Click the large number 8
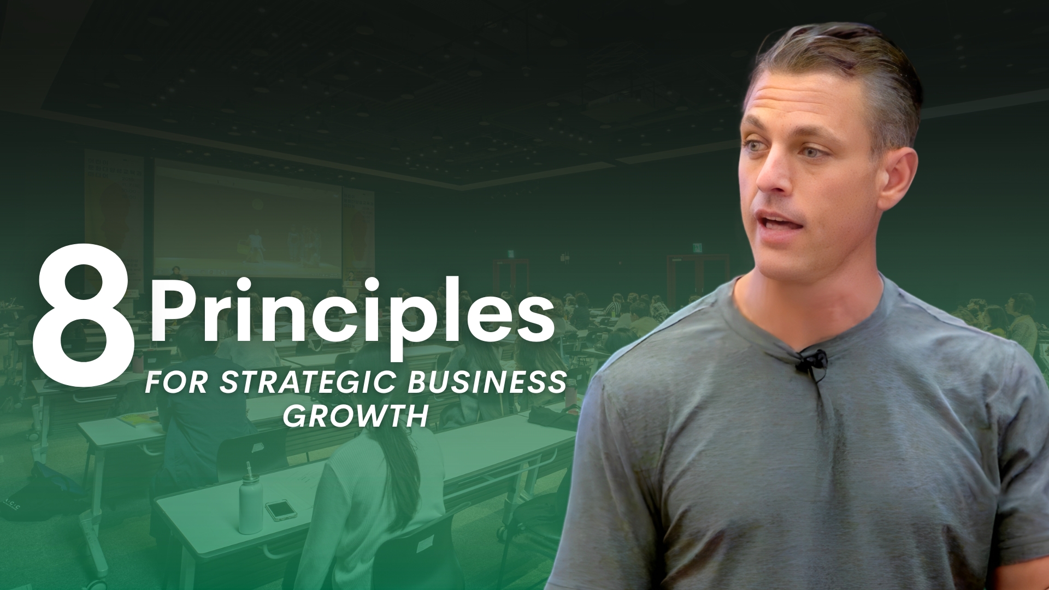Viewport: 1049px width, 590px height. coord(82,308)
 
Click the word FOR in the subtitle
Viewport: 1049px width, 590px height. coord(176,383)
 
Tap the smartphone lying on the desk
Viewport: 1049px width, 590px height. coord(281,509)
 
